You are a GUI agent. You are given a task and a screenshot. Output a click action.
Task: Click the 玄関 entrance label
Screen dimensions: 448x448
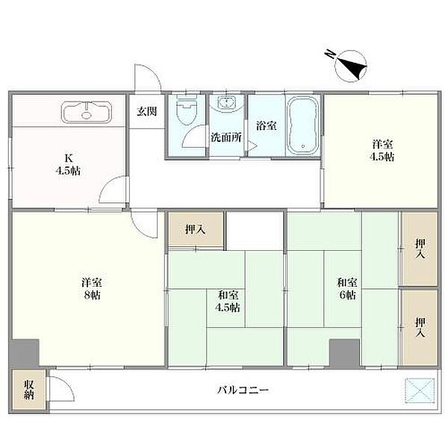147,111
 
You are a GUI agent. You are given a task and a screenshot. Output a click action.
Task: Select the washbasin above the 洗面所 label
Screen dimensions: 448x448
226,102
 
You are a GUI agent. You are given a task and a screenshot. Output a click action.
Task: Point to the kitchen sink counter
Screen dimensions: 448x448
87,112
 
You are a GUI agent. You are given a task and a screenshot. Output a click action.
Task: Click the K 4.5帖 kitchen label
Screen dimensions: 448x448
68,164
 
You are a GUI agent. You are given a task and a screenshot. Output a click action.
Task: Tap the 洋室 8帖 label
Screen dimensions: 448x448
92,288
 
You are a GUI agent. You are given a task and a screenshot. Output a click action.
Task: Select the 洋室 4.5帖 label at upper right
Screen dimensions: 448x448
382,150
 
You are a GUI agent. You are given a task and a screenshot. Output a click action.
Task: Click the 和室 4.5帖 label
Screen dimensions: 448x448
228,301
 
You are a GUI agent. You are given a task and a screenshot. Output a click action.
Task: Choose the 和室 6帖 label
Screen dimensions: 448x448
347,288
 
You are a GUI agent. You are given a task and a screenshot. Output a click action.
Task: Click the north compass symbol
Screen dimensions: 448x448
351,66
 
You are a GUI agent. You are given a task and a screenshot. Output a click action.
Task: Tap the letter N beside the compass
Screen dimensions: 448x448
330,54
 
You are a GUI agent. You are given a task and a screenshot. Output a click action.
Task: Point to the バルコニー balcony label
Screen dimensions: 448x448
243,390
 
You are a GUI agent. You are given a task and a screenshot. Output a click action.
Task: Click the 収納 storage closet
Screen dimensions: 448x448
28,390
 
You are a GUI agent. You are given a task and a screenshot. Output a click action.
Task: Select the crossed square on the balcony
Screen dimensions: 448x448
420,391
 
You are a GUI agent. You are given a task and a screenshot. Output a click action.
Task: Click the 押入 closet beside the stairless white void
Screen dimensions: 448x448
196,229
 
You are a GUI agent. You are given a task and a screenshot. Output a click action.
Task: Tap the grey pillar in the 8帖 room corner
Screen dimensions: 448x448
24,353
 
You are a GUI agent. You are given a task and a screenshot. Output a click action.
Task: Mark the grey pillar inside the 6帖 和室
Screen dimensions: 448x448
344,353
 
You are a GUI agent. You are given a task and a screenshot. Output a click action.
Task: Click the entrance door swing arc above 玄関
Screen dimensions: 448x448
152,75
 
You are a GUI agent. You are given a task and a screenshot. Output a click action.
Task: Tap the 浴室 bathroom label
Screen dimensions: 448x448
267,125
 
